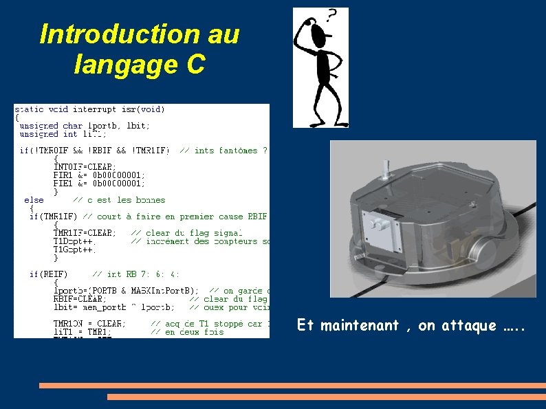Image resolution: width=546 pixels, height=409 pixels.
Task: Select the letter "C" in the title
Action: tap(195, 65)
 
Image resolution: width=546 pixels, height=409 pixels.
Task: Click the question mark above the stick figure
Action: tap(333, 15)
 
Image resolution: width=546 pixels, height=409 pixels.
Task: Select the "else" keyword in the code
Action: tap(34, 200)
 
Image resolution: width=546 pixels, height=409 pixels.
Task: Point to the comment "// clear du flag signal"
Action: tap(186, 233)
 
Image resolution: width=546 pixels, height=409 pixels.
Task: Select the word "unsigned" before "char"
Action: tap(39, 126)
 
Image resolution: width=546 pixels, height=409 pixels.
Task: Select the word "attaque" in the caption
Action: tap(470, 326)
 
